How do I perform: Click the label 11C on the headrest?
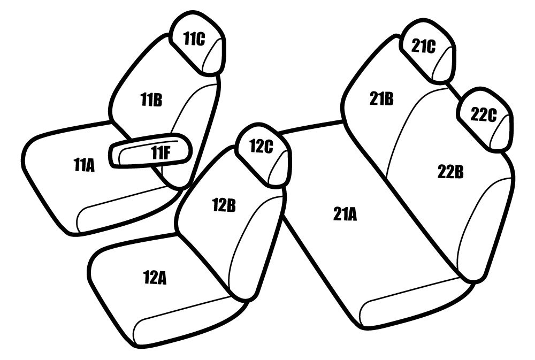[x=195, y=39]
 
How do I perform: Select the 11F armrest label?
[x=160, y=153]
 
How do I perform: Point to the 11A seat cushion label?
[x=84, y=165]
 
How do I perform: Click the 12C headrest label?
[x=262, y=147]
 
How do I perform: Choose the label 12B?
[x=224, y=205]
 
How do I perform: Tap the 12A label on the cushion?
[x=155, y=278]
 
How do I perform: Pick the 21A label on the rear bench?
[x=345, y=215]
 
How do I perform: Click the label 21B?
[x=381, y=98]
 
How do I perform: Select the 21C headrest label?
[x=423, y=47]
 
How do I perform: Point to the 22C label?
[x=484, y=114]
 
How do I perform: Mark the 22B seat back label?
[x=450, y=172]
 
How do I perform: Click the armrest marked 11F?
[x=150, y=150]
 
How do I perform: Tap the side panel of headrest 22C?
[x=502, y=131]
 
